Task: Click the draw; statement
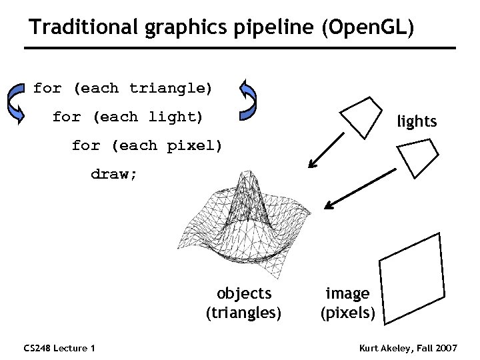[x=114, y=174]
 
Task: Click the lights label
[x=417, y=121]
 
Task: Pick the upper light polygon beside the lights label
[x=362, y=115]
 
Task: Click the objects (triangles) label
[x=244, y=303]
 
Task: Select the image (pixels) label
[x=347, y=303]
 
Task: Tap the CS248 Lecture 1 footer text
[x=59, y=348]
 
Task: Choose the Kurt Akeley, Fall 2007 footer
[x=408, y=348]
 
